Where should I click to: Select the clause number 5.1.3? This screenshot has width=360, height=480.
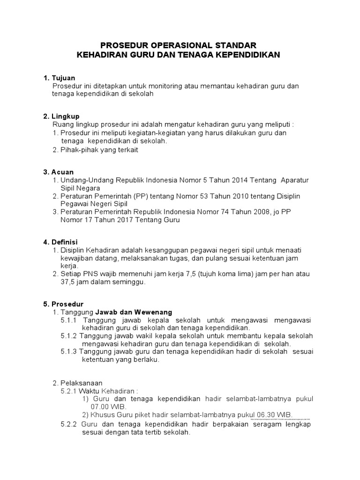click(69, 352)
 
